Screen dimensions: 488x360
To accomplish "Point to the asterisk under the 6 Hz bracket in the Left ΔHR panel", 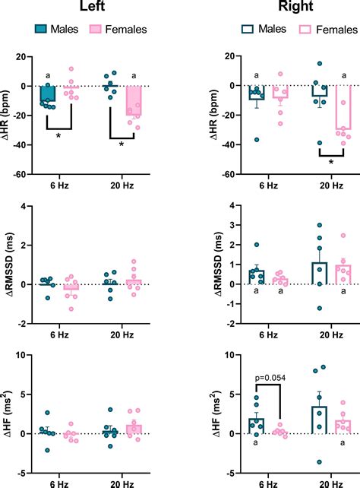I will click(58, 135).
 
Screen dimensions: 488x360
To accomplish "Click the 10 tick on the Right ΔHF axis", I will click(218, 355).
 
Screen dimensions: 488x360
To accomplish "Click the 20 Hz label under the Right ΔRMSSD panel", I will click(320, 334).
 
